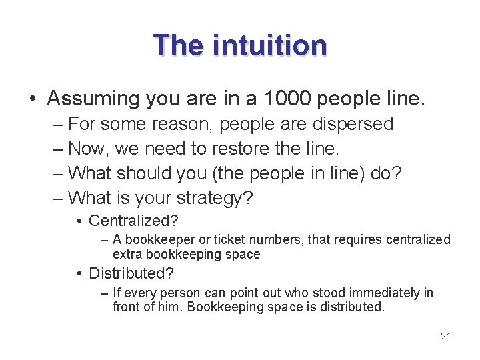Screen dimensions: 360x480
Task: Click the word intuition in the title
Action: [x=270, y=46]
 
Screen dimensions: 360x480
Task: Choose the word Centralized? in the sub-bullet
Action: [x=133, y=221]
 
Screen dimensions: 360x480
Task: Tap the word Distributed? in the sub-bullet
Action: [x=131, y=273]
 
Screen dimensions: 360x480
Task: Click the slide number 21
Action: [x=446, y=336]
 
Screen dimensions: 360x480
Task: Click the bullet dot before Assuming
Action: [x=33, y=99]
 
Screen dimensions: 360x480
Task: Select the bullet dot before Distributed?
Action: [x=79, y=274]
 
